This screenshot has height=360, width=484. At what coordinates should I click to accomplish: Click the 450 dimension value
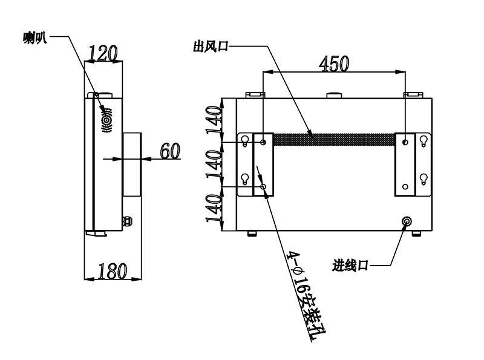[x=334, y=64]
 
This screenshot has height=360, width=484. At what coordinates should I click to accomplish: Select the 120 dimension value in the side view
[x=103, y=53]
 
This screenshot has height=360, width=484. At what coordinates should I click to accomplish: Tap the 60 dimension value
[x=170, y=151]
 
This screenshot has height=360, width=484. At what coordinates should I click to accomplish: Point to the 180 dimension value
[x=113, y=271]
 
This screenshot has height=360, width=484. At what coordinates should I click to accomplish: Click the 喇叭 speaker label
[x=35, y=38]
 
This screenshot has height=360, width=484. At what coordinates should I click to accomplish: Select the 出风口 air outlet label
[x=211, y=47]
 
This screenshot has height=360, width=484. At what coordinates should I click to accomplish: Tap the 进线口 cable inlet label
[x=351, y=266]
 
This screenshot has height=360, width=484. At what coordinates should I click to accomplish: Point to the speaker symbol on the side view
[x=107, y=120]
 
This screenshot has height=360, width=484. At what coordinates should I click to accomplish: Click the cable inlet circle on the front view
[x=407, y=221]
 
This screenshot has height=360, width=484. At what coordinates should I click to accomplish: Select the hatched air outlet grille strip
[x=335, y=140]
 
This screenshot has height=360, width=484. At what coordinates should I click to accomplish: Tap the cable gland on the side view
[x=127, y=221]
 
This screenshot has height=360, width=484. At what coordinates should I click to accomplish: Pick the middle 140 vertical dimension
[x=214, y=163]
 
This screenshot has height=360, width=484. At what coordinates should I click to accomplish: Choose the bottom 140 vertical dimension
[x=214, y=208]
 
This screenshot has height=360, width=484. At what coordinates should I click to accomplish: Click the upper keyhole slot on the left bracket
[x=245, y=141]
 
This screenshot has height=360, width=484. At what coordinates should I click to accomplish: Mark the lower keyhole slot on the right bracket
[x=423, y=179]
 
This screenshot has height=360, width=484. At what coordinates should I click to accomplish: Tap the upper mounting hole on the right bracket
[x=405, y=142]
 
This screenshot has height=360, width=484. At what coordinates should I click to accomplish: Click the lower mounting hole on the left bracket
[x=263, y=187]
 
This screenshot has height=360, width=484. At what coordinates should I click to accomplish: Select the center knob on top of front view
[x=334, y=95]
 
